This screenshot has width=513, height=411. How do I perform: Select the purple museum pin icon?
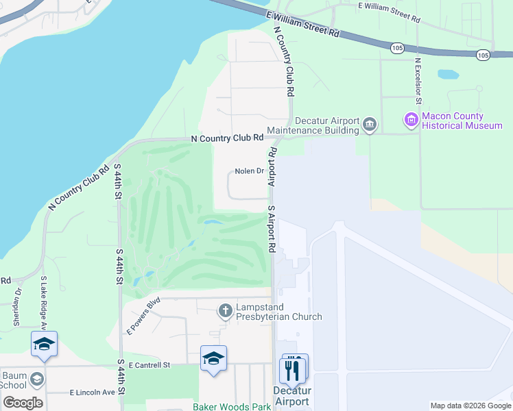pyautogui.click(x=411, y=121)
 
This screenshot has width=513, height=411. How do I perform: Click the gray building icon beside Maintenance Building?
pyautogui.click(x=370, y=125)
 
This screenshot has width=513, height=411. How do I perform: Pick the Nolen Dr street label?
pyautogui.click(x=250, y=171)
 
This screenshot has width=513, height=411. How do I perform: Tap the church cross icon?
pyautogui.click(x=225, y=312)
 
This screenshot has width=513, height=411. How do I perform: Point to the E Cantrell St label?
pyautogui.click(x=148, y=365)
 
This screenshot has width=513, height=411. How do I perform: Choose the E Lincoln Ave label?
pyautogui.click(x=92, y=393)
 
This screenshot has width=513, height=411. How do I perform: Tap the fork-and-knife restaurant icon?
pyautogui.click(x=294, y=370)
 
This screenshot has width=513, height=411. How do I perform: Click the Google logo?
pyautogui.click(x=22, y=402)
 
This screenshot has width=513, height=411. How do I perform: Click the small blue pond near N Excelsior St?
pyautogui.click(x=448, y=74)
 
